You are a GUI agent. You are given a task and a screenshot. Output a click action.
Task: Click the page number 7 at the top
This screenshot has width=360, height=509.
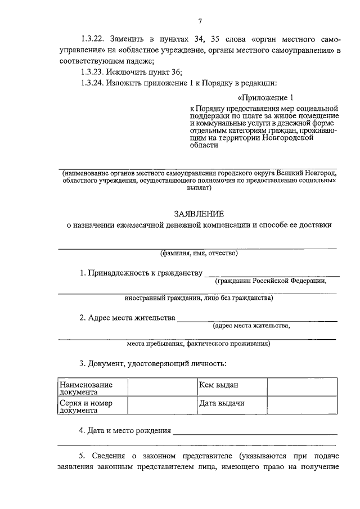(200, 22)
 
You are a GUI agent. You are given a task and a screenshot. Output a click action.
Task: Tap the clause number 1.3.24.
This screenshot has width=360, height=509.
(93, 83)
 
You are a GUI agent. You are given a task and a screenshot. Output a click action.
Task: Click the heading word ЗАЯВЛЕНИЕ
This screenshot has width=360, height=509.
(199, 213)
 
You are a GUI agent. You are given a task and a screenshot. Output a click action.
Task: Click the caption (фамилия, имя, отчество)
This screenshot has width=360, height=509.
(199, 253)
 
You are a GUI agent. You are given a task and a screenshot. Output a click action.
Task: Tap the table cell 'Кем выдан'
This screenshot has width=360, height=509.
(219, 385)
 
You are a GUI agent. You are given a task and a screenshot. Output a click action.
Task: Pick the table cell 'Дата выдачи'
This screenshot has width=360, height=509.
(222, 404)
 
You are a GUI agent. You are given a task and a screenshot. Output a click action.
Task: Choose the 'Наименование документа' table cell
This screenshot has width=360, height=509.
(86, 389)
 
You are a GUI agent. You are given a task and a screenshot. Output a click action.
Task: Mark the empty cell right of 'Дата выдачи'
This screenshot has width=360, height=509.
(302, 404)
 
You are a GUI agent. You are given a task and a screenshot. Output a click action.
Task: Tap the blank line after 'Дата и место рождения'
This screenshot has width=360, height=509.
(255, 433)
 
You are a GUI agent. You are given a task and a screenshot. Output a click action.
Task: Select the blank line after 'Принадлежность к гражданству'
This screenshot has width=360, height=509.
(272, 275)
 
